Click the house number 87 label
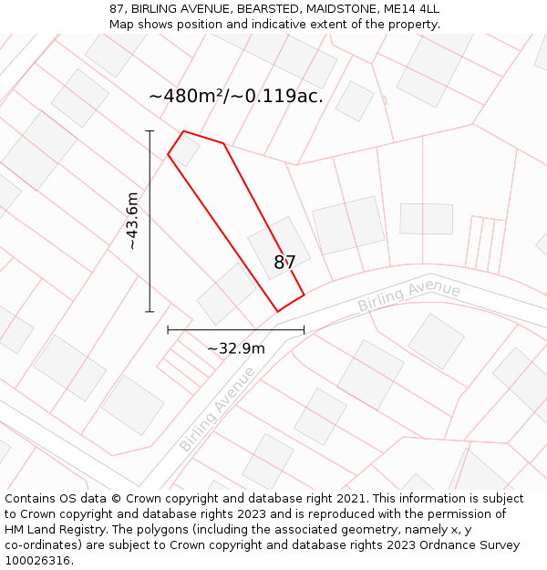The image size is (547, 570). click(284, 263)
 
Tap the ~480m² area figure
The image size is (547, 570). click(188, 96)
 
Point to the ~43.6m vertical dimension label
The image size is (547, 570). click(132, 221)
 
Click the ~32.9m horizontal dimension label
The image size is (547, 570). click(235, 347)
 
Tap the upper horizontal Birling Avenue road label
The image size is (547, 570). click(408, 295)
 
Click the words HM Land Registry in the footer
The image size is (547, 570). click(49, 530)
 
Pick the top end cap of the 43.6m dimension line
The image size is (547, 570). click(150, 131)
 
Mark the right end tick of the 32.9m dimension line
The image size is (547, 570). click(304, 329)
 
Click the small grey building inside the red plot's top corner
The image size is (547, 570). click(185, 150)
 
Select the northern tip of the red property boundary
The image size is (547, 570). click(184, 131)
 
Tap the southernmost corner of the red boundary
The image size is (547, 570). click(278, 312)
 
